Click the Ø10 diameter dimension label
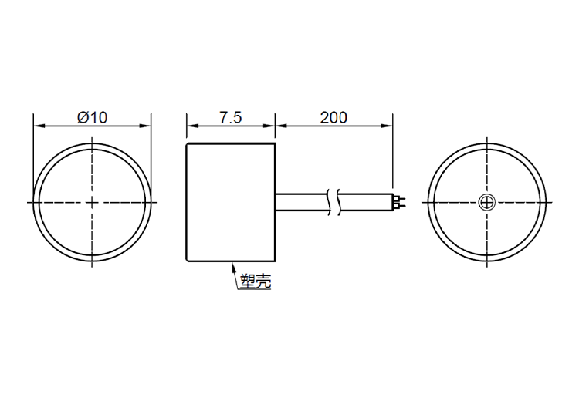pyautogui.click(x=92, y=117)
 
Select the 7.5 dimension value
pyautogui.click(x=231, y=117)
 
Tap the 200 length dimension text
pyautogui.click(x=334, y=117)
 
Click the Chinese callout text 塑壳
pyautogui.click(x=256, y=281)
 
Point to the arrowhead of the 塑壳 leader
pyautogui.click(x=232, y=265)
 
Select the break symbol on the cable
pyautogui.click(x=333, y=202)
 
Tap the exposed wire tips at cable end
pyautogui.click(x=399, y=202)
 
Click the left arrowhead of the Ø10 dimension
pyautogui.click(x=39, y=126)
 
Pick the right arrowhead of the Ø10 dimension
pyautogui.click(x=145, y=126)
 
